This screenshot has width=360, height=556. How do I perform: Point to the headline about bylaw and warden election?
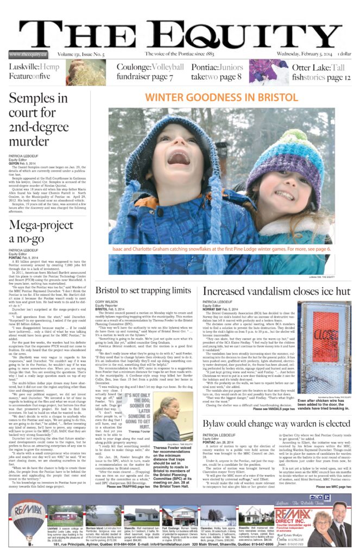(x=277, y=423)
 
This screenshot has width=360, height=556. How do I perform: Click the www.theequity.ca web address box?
(x=28, y=54)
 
